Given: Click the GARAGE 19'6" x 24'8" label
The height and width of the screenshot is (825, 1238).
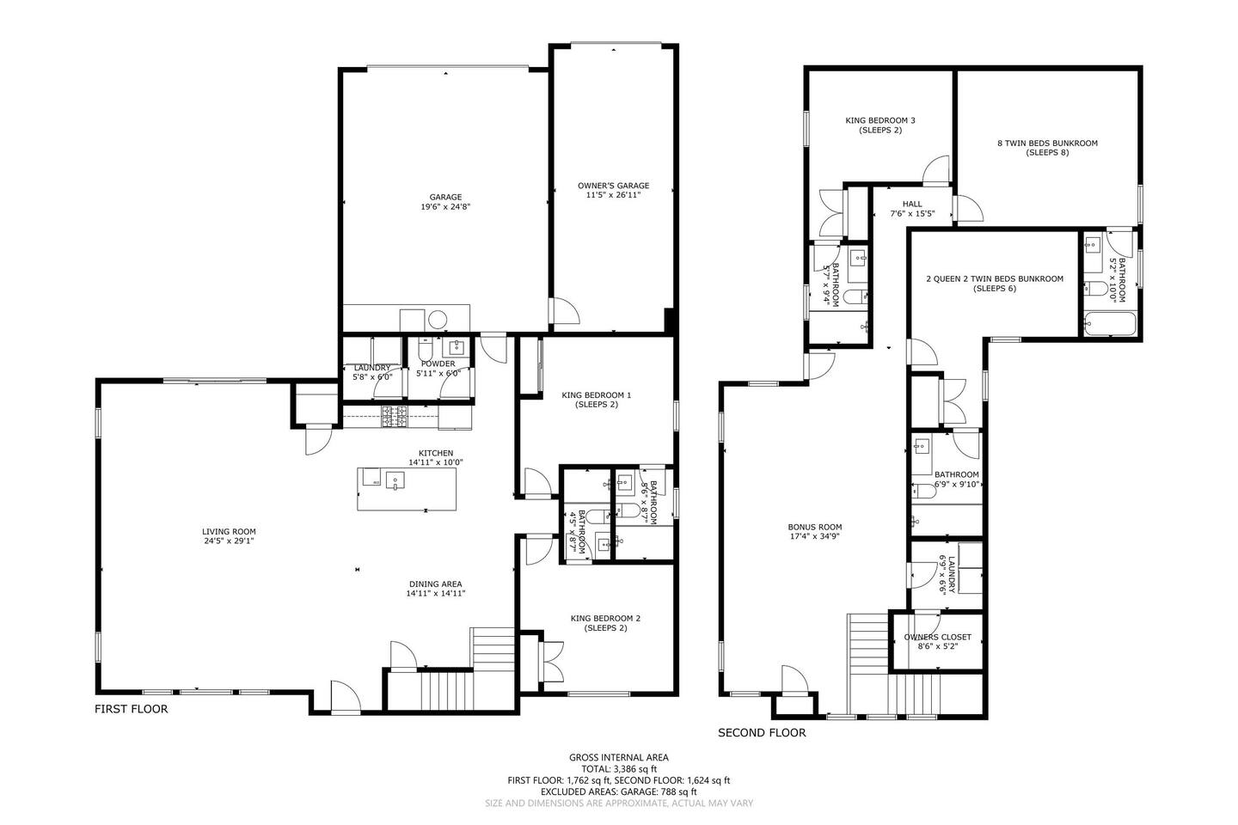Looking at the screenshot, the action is click(x=445, y=202).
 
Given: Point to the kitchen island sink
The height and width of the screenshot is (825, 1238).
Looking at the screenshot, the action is click(x=395, y=480).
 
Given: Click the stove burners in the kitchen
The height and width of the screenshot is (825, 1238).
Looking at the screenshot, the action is click(x=395, y=416).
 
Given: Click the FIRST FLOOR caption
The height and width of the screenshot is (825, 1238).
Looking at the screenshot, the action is click(x=131, y=709).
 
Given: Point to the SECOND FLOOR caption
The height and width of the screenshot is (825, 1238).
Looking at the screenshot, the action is click(x=762, y=733).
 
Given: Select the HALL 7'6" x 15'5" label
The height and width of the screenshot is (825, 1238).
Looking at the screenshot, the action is click(x=912, y=208).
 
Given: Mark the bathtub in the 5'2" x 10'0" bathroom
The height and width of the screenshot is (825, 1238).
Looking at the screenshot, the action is click(x=1109, y=323).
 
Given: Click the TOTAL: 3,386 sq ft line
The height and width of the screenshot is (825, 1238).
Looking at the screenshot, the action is click(x=619, y=768).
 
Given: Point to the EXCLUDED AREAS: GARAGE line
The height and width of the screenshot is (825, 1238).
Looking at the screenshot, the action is click(x=619, y=791).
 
